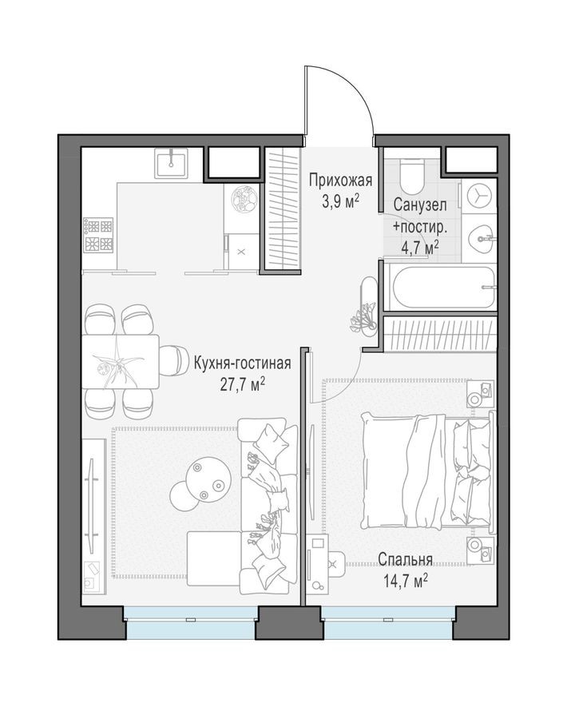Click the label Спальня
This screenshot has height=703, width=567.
click(x=405, y=559)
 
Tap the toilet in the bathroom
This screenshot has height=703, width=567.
click(x=413, y=172)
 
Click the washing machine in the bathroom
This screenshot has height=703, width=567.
click(x=479, y=197)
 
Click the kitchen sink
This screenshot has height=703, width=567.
click(x=171, y=163)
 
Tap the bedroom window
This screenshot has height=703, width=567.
click(x=388, y=622)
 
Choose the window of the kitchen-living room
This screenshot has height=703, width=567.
click(x=189, y=622)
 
